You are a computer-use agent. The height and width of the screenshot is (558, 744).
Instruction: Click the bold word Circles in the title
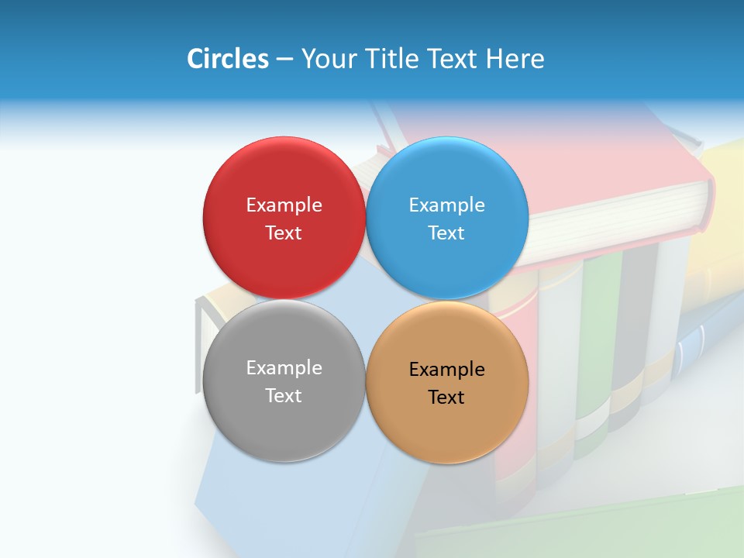pos(228,59)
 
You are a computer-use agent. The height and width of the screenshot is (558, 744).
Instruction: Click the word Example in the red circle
pos(284,205)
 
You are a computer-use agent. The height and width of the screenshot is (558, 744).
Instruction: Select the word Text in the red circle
pos(284,232)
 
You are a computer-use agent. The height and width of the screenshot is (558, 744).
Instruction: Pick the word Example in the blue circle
pos(447,205)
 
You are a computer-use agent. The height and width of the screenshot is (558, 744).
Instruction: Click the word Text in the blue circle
pos(447,232)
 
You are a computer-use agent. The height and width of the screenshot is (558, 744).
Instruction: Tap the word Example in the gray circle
pos(284,368)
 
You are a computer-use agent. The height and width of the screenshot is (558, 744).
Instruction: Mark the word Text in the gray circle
pos(284,395)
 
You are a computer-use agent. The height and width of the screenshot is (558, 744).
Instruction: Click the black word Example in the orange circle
pos(447,370)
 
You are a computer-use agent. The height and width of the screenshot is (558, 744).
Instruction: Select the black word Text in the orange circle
pos(447,397)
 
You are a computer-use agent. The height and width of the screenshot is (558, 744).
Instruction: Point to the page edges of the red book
pos(620,225)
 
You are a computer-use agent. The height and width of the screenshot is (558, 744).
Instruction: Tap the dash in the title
pos(284,60)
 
